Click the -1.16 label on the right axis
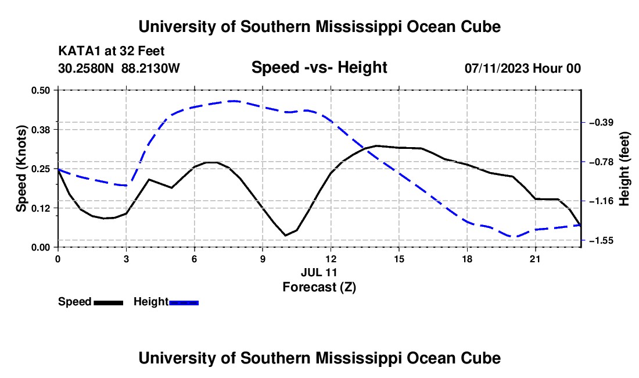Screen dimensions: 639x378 601,201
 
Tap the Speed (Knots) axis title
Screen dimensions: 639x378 21,169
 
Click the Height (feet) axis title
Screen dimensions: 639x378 624,169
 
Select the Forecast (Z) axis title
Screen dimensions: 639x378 319,287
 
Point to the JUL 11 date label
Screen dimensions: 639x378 319,272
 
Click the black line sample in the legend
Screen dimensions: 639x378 109,303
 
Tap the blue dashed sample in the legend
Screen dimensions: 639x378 184,303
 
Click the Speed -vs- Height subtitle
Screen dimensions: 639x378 319,67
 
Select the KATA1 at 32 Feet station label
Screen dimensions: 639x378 112,51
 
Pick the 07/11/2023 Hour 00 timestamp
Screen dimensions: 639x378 523,68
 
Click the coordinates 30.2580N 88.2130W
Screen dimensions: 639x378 119,68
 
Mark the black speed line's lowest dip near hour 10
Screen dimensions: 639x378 285,236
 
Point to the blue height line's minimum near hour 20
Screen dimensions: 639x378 514,237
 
